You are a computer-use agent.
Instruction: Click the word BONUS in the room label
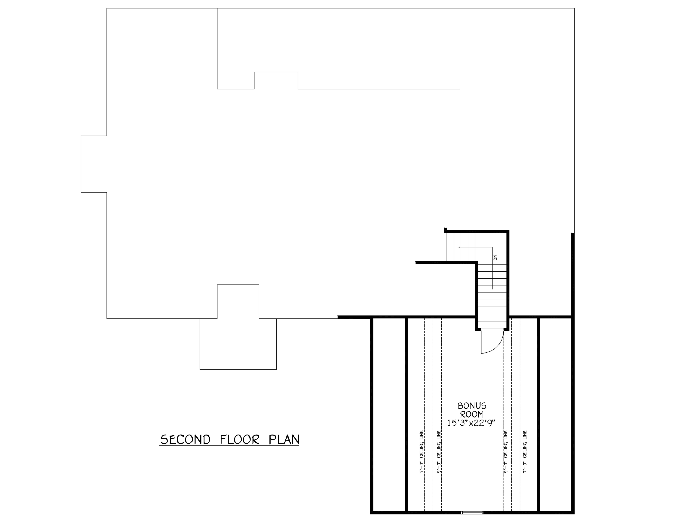(472, 406)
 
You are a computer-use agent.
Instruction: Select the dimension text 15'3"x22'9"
(471, 423)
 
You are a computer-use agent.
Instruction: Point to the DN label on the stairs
(495, 257)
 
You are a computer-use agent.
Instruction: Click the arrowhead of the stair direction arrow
(459, 247)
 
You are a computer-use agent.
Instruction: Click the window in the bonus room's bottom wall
(472, 512)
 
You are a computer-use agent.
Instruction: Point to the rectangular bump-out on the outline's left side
(94, 164)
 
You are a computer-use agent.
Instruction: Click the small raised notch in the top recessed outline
(276, 81)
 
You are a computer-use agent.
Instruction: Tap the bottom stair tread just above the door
(492, 325)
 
